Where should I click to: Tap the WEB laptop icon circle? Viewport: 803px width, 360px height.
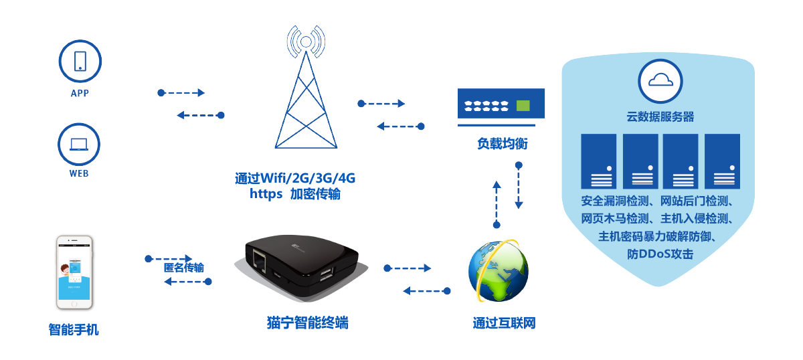click(80, 144)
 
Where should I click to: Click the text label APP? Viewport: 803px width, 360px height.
click(80, 94)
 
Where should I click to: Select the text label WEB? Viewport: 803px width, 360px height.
click(80, 174)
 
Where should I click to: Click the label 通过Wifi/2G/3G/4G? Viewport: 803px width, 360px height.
click(295, 179)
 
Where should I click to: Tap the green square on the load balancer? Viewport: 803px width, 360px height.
click(523, 105)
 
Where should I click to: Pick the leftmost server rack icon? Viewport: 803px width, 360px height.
click(598, 161)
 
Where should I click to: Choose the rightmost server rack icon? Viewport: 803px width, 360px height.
click(723, 161)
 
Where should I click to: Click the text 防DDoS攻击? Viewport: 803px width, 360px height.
click(660, 254)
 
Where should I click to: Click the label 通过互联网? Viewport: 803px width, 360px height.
click(504, 324)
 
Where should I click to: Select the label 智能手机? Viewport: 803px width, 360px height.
click(74, 329)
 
